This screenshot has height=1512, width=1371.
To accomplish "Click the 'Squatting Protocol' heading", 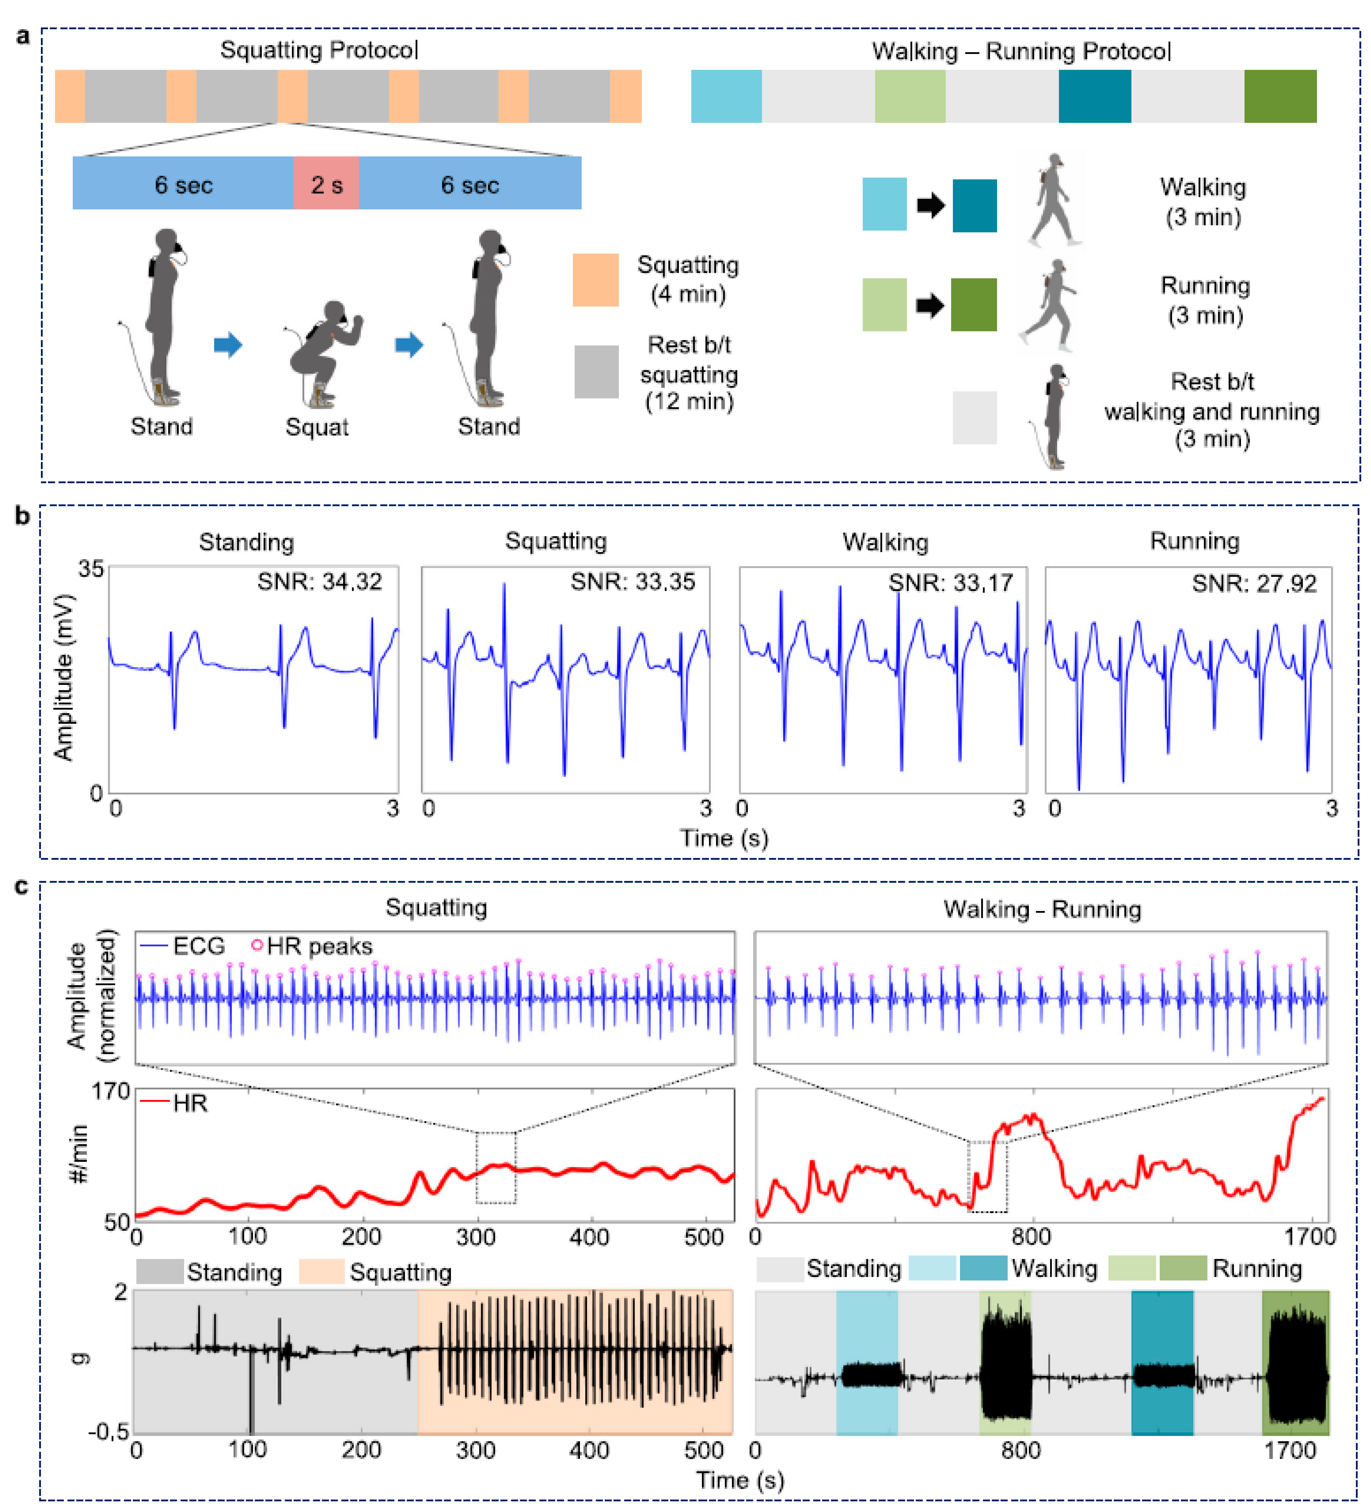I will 319,50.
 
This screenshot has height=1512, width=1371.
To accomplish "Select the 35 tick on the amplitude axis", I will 91,568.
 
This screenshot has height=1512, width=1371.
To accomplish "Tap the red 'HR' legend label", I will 189,1103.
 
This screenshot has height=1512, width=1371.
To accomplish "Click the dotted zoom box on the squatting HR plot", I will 496,1168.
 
